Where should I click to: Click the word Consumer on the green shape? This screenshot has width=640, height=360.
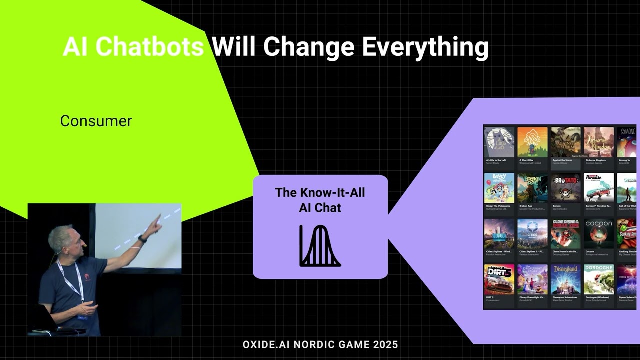point(96,121)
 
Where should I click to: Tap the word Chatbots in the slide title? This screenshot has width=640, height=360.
point(149,47)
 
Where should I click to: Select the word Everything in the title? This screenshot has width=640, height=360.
point(425,47)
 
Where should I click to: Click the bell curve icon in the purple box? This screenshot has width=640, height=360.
point(320,246)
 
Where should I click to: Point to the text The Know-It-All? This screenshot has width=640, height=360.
point(320,193)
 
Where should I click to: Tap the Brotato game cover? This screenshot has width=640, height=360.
point(565,188)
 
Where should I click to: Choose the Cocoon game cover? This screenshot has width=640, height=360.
point(598,234)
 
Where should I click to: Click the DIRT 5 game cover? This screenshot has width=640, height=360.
point(499,279)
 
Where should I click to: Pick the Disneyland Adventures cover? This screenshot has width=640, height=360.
point(565,279)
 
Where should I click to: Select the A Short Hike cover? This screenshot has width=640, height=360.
point(532,142)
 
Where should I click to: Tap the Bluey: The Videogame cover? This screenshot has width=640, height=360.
point(499,188)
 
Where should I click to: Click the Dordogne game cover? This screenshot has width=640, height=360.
point(598,279)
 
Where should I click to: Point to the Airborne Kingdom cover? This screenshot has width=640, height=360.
point(598,142)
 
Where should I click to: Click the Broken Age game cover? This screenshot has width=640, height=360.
point(532,188)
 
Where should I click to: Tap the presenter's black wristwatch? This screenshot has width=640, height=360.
point(142,239)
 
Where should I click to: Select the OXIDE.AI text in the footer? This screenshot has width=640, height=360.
point(266,344)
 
